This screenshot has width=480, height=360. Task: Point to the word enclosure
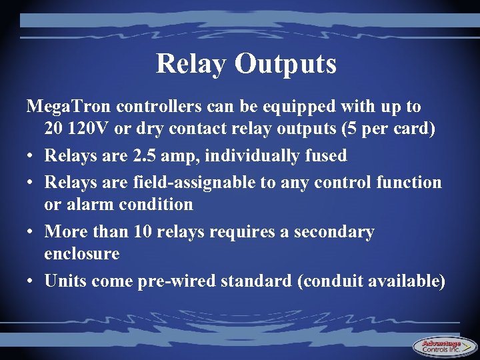click(x=82, y=254)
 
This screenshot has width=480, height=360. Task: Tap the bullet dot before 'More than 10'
click(x=31, y=232)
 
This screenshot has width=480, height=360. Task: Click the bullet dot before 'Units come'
click(x=31, y=281)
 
